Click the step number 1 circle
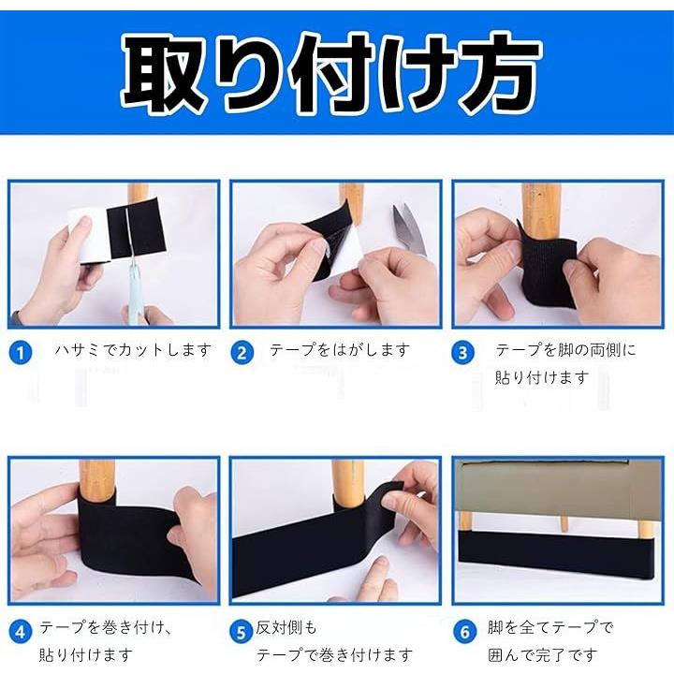(21, 353)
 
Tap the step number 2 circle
(242, 353)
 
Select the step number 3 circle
(462, 353)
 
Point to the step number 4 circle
(21, 632)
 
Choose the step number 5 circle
(242, 632)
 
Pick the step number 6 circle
(464, 632)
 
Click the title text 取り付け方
(330, 73)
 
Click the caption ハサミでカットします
(134, 350)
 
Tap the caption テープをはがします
(340, 350)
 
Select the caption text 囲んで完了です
(543, 655)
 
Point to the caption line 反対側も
(286, 627)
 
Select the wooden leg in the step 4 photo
(97, 480)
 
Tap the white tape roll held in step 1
(89, 235)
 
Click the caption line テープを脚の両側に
(565, 350)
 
